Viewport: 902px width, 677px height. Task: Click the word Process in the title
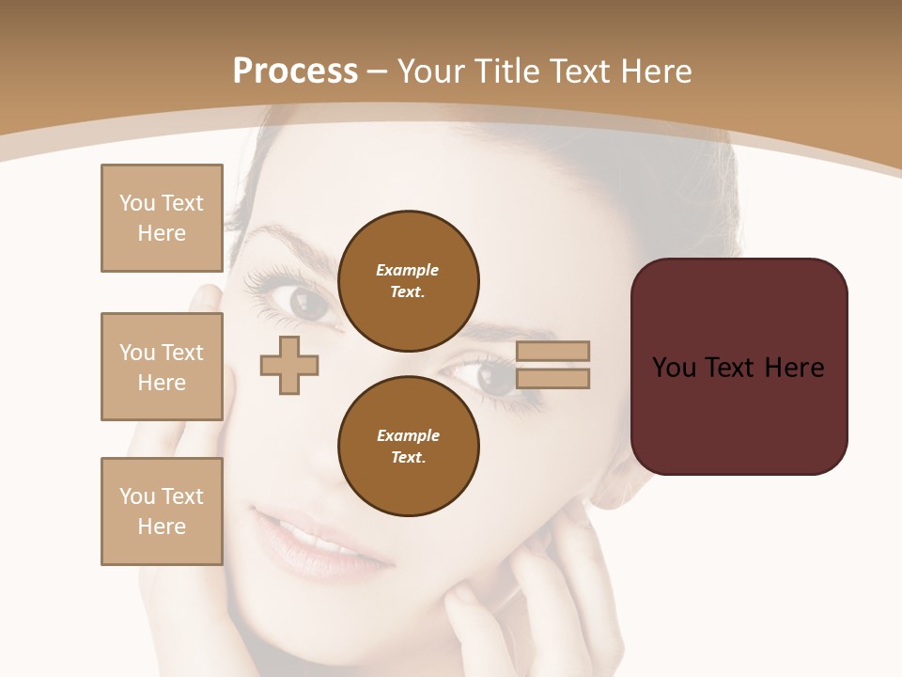(295, 71)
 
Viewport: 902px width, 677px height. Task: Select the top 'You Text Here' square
(162, 218)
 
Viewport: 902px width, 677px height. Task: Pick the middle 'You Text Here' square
(162, 367)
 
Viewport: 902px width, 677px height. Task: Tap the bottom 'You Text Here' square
(162, 512)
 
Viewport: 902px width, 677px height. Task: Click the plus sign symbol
(289, 365)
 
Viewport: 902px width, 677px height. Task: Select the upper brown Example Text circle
(409, 280)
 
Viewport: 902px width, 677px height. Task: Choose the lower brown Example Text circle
(409, 446)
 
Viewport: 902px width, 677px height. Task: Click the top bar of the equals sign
(552, 351)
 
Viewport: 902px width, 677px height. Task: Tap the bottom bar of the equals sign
(552, 378)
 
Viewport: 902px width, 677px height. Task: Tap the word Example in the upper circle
(408, 270)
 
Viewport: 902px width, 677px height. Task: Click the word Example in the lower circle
(408, 435)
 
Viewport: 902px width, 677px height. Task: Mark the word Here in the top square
(162, 233)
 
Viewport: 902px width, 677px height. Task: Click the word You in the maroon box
(674, 368)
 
